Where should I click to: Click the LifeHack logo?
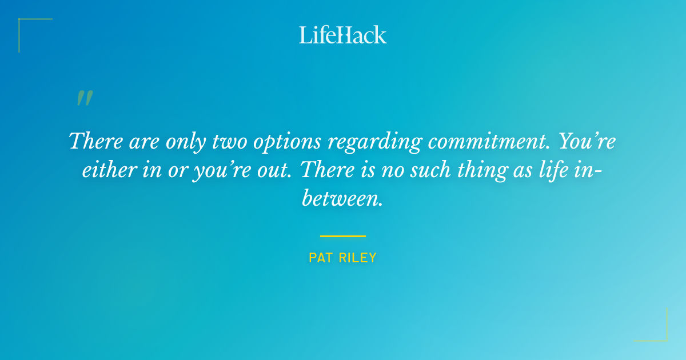(x=343, y=35)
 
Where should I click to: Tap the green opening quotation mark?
(x=85, y=99)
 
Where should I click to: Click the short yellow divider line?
(x=343, y=235)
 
